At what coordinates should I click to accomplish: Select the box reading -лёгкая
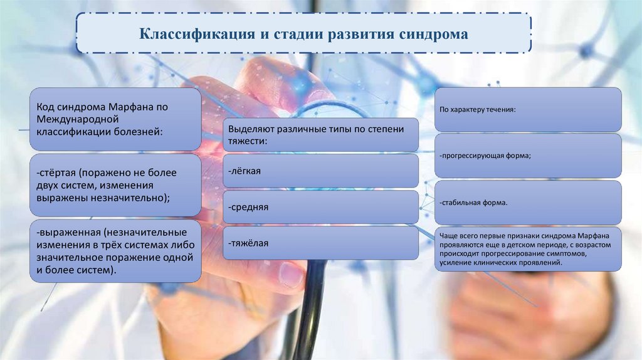pos(320,171)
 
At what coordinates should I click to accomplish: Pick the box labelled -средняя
pos(320,207)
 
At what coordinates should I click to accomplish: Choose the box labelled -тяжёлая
pos(320,243)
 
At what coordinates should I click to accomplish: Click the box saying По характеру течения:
pos(528,109)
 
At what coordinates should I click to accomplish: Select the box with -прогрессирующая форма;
pos(528,155)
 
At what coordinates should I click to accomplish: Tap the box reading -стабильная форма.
pos(528,203)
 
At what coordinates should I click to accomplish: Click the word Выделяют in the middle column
pos(250,129)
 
